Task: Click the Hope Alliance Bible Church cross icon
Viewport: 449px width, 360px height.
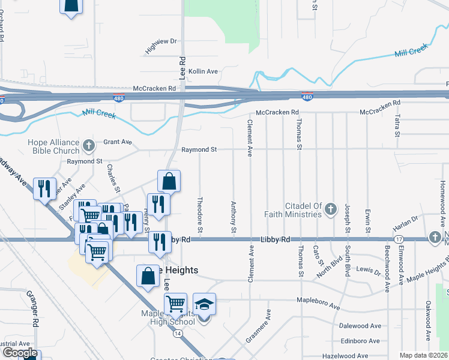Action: tap(89, 145)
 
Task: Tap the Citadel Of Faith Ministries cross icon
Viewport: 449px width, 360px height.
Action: tap(331, 210)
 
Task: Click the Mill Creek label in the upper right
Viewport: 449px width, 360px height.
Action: tap(411, 50)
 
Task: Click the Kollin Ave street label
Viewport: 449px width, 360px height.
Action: tap(203, 71)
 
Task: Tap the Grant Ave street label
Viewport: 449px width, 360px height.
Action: tap(117, 142)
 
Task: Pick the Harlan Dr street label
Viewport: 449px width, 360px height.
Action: tap(405, 222)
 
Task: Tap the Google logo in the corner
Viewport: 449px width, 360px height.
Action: tap(19, 353)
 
